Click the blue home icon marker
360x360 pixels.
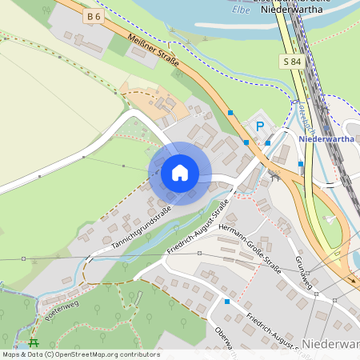180,173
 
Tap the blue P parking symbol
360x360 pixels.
258,126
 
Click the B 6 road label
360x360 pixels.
94,16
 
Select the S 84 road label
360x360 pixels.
291,62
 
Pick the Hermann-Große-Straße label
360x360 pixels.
254,249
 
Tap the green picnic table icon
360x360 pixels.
34,343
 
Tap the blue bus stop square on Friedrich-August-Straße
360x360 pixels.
227,302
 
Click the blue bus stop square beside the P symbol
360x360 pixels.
268,142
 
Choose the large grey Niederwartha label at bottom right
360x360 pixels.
331,344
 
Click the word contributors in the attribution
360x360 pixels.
138,354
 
